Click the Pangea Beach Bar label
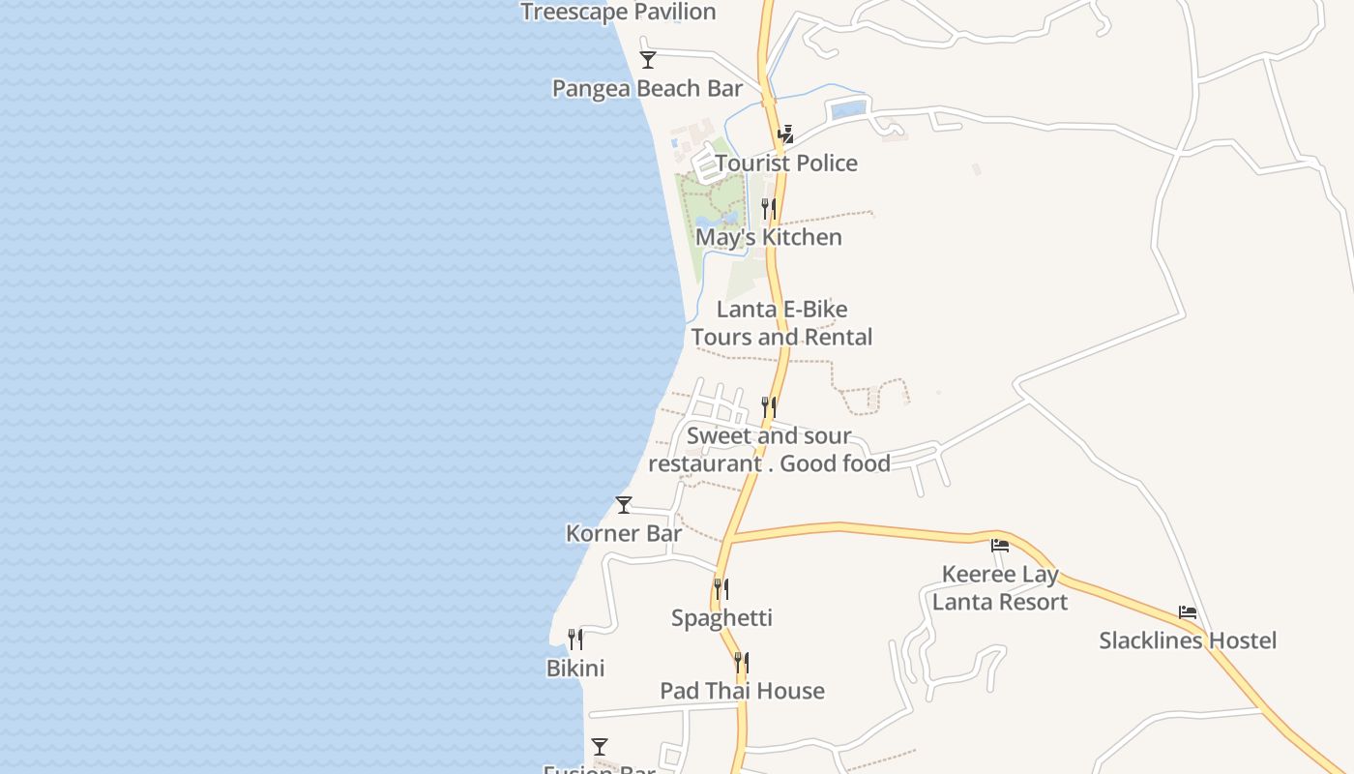(x=647, y=89)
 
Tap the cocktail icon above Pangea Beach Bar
(x=648, y=60)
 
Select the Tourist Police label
(x=786, y=164)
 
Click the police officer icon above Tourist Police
(x=787, y=134)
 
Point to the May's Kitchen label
(x=769, y=237)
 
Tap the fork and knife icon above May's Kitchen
(x=769, y=208)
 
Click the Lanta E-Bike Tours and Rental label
(x=781, y=323)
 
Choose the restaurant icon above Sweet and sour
(x=769, y=406)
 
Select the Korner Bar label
(x=624, y=533)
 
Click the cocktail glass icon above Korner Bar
(x=624, y=505)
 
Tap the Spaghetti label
(x=721, y=618)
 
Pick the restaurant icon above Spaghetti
(x=721, y=588)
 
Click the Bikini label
(x=575, y=669)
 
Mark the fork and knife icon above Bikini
(x=575, y=639)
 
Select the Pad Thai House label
(x=742, y=691)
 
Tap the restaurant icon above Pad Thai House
(x=742, y=663)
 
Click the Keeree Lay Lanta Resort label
(x=1000, y=588)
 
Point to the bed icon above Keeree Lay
(x=1000, y=546)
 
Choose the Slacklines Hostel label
(x=1188, y=640)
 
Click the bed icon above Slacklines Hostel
(x=1188, y=612)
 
